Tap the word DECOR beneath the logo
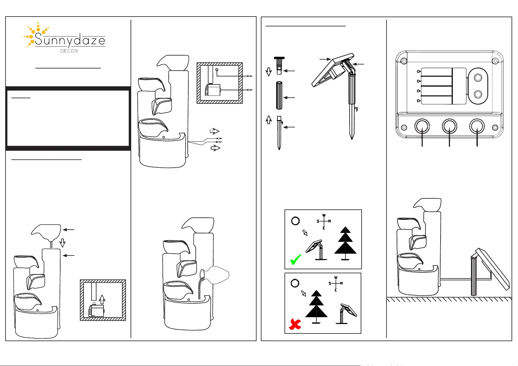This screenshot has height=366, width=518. [x=69, y=51]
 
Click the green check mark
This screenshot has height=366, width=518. [x=296, y=259]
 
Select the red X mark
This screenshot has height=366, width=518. [x=295, y=324]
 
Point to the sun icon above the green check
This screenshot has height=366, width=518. [x=295, y=221]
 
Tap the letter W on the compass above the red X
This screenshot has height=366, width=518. [x=336, y=278]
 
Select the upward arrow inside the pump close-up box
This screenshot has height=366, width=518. [x=102, y=299]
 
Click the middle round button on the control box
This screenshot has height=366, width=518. [x=449, y=126]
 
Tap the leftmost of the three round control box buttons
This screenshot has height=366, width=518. [x=422, y=126]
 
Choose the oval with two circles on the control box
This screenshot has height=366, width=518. [x=478, y=86]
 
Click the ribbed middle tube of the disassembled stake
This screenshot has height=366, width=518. [x=279, y=95]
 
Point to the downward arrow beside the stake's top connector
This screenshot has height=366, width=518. [x=269, y=72]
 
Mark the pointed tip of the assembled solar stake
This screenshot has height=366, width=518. [x=352, y=139]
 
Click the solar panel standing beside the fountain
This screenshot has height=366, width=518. [x=493, y=269]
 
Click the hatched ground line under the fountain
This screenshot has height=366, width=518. [x=449, y=299]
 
